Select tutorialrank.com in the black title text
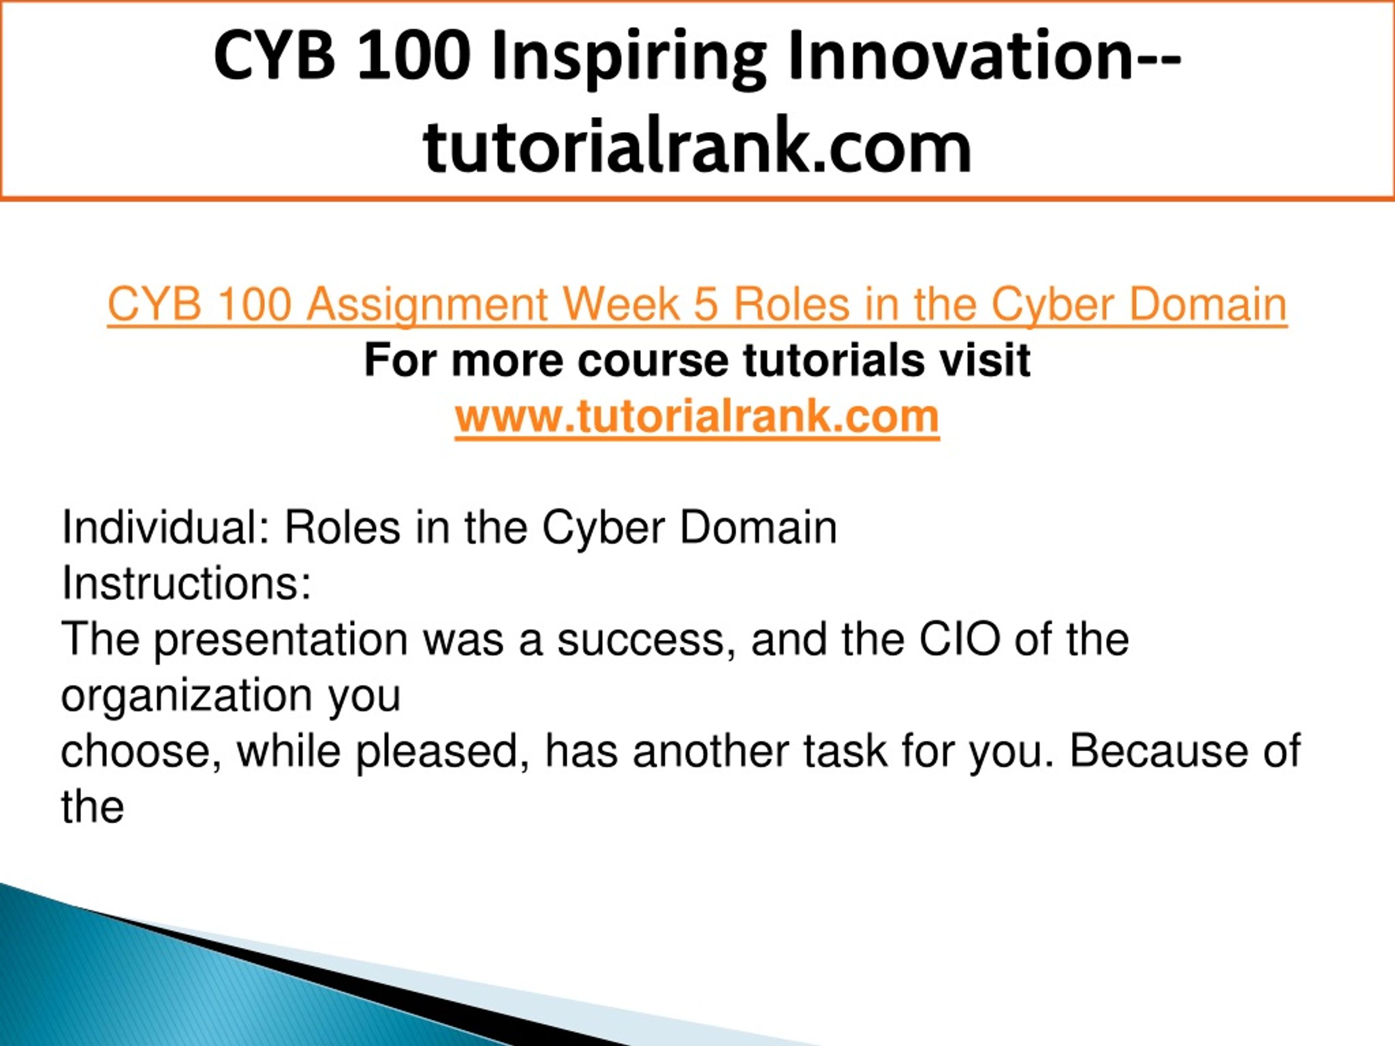click(697, 146)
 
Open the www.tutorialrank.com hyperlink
click(697, 416)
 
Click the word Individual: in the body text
click(166, 527)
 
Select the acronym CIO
click(959, 640)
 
